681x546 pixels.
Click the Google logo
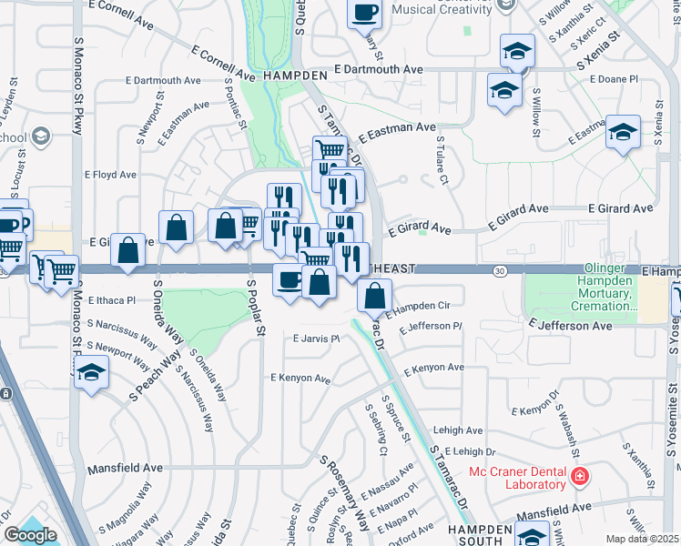[x=30, y=535]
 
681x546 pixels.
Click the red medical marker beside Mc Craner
[x=578, y=476]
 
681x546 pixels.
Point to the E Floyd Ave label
[x=111, y=175]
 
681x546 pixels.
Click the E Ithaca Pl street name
[x=111, y=299]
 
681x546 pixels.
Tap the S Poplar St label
[x=255, y=310]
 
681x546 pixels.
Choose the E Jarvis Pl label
[x=316, y=339]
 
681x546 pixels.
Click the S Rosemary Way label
[x=350, y=492]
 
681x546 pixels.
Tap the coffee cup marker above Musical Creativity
[x=365, y=12]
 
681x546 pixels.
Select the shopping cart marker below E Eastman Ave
[x=330, y=148]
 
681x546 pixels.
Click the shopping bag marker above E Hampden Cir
[x=374, y=295]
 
